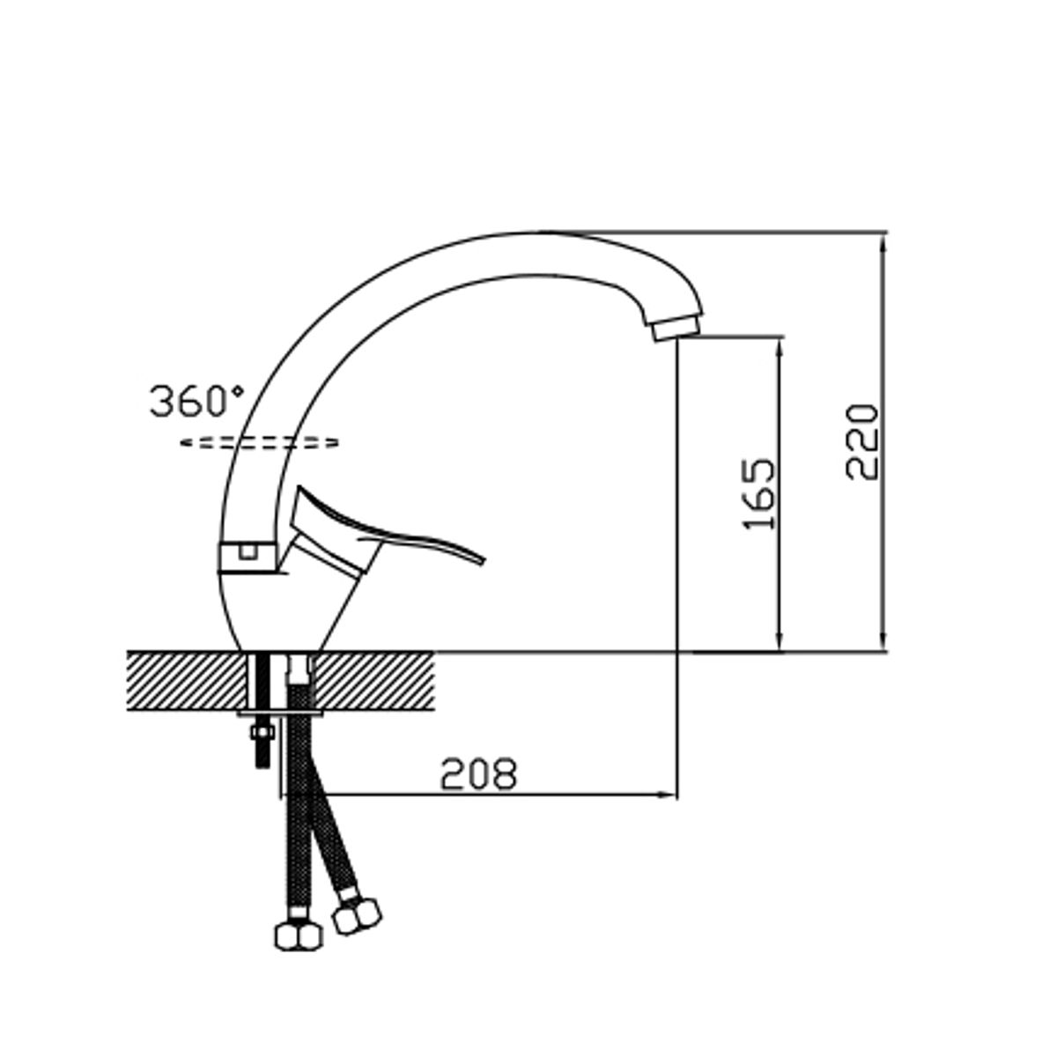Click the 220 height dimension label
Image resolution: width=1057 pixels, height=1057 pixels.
(861, 442)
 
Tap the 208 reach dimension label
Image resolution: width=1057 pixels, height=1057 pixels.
(479, 774)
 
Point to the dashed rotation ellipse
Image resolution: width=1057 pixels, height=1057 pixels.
(259, 443)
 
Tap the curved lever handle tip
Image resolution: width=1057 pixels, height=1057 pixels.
(483, 560)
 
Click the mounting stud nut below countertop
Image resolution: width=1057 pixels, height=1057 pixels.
(262, 732)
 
